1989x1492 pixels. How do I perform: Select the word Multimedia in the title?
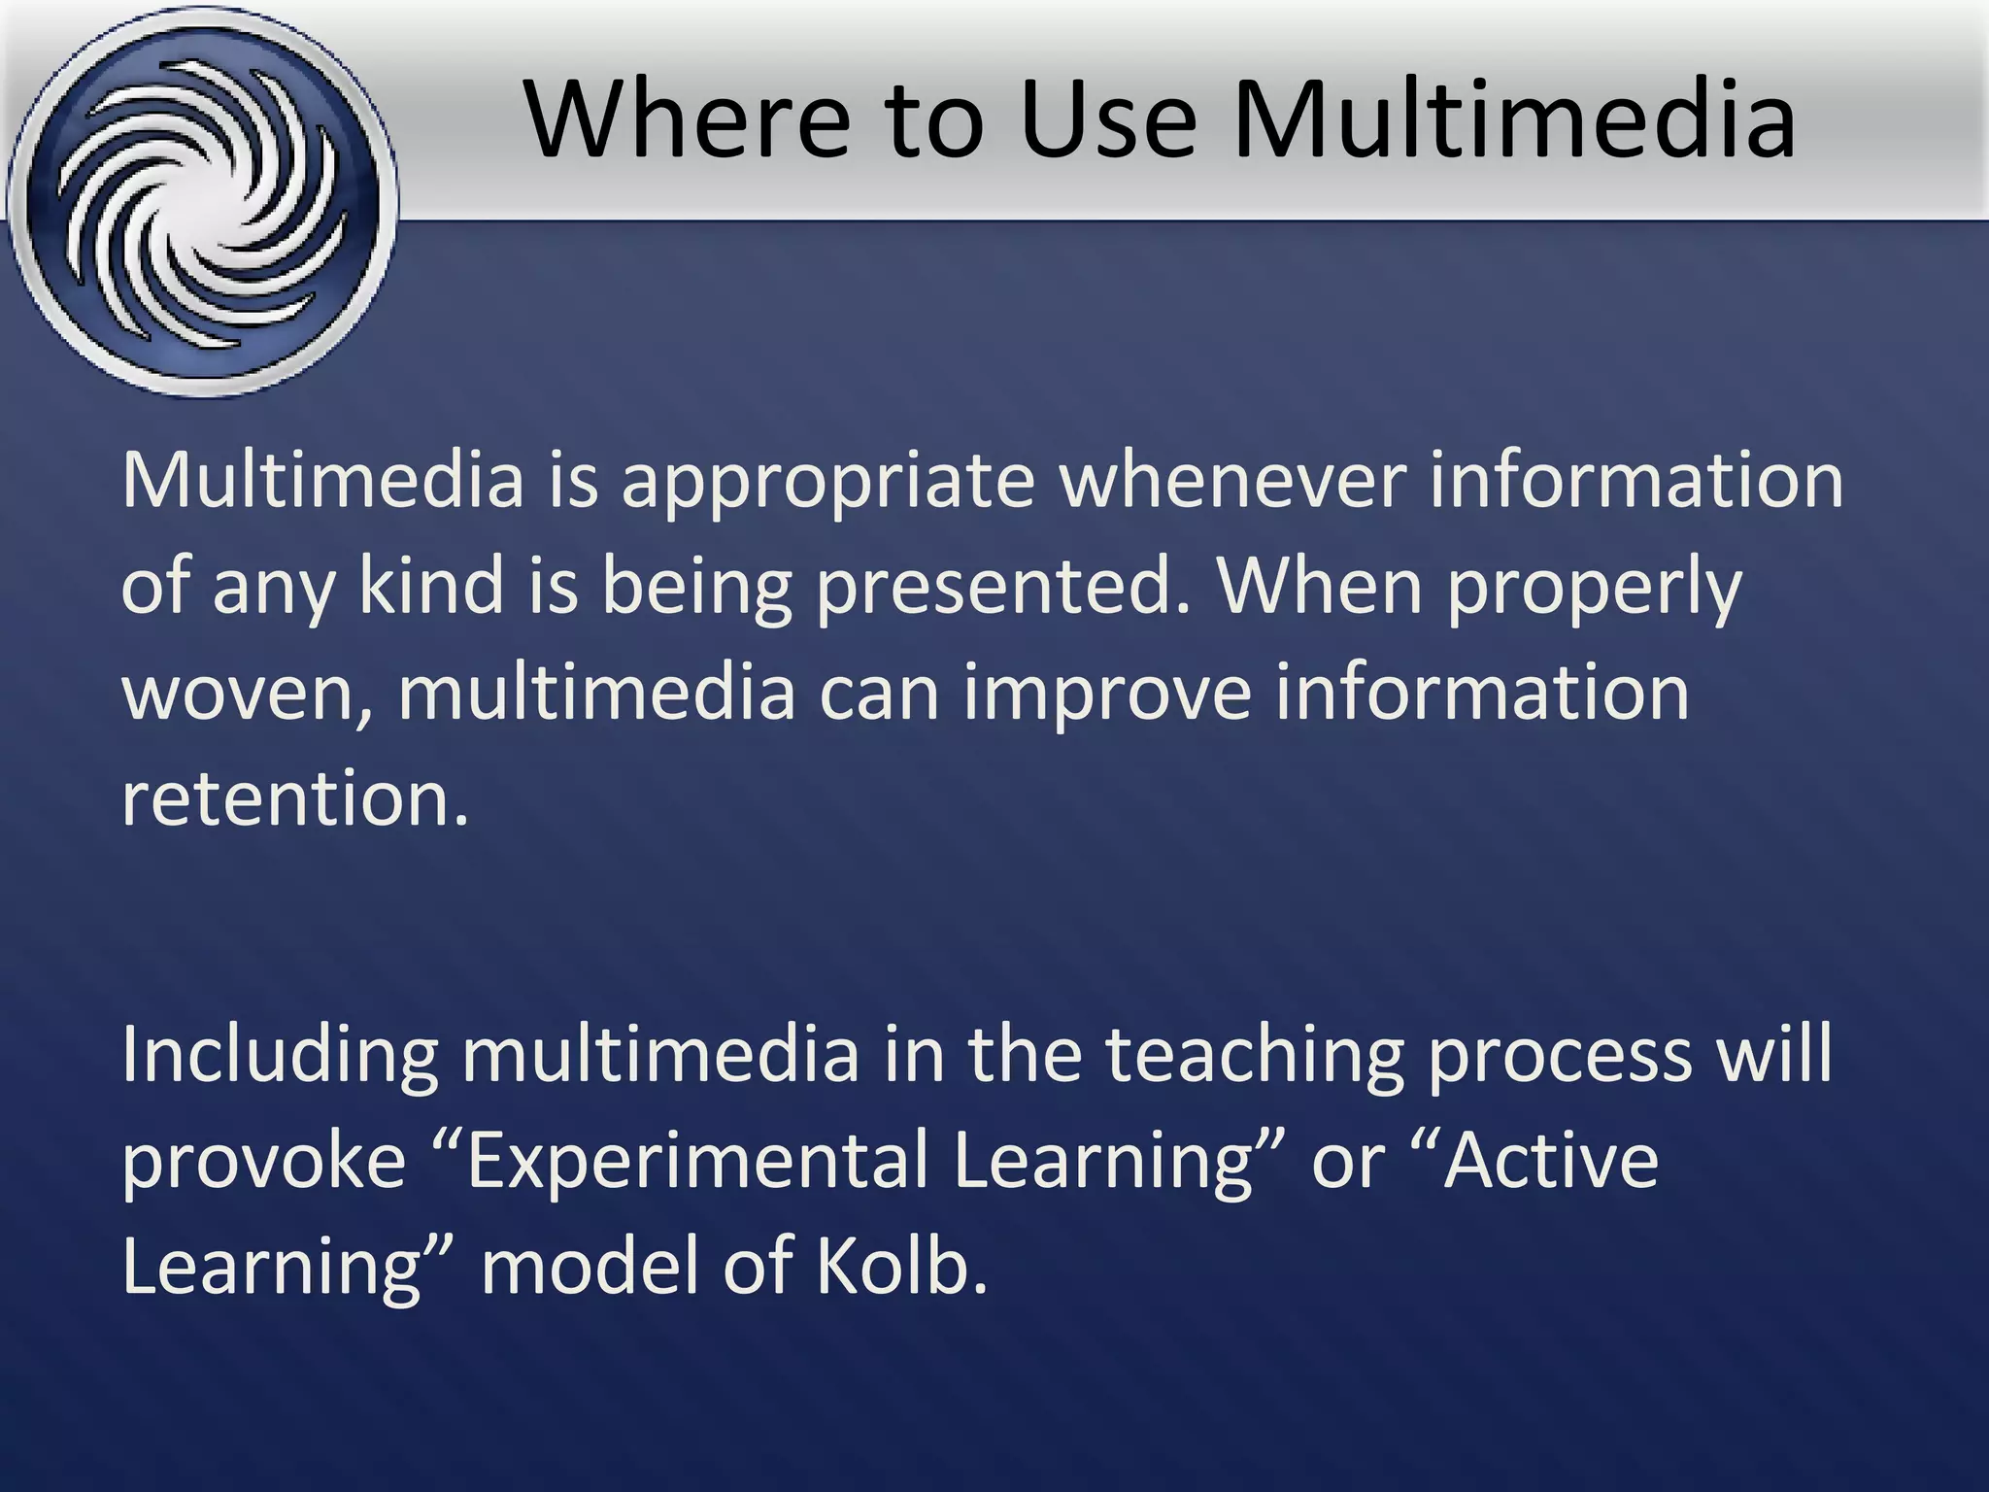tap(1514, 119)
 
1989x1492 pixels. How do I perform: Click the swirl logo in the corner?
tap(202, 201)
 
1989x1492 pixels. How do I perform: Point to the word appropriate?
tap(827, 483)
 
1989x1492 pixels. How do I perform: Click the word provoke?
tap(263, 1162)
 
